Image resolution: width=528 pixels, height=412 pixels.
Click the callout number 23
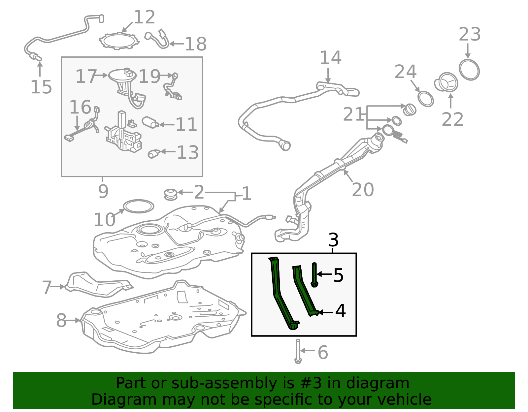[470, 34]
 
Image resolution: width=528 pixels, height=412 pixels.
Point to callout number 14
[330, 57]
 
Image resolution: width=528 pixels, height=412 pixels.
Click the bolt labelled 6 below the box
[298, 351]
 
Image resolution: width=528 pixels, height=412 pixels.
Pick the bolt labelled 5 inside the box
[314, 274]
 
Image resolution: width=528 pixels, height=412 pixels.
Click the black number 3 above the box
[333, 239]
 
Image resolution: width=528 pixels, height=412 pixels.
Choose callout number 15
[41, 87]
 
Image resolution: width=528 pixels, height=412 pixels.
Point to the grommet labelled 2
[171, 195]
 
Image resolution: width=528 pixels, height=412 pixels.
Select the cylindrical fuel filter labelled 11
[150, 122]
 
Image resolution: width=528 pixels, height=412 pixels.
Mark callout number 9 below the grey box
[103, 191]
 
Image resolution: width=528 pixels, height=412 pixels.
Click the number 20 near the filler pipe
[363, 189]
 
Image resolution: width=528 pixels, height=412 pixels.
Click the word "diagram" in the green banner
[377, 383]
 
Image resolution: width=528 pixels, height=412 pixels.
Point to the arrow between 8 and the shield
[73, 321]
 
